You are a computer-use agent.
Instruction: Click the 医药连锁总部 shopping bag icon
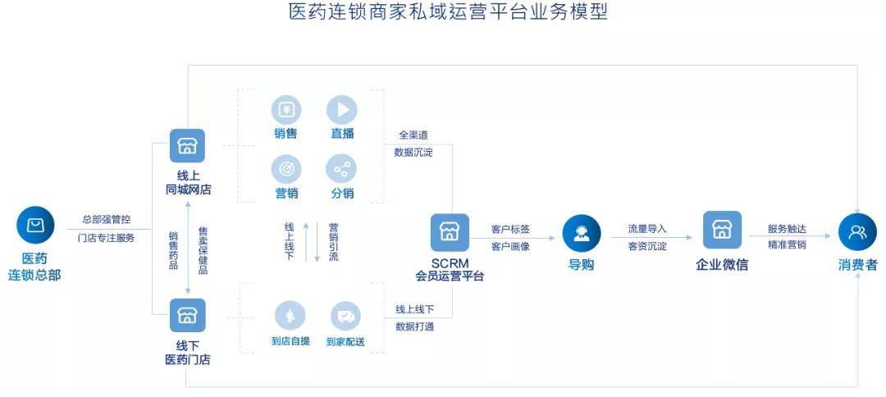point(35,225)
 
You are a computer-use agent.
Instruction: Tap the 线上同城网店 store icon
point(188,146)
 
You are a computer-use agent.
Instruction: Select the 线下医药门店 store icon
point(188,315)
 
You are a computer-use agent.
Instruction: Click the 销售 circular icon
point(286,110)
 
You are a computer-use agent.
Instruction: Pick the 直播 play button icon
point(342,110)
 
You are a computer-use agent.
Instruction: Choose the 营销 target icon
point(286,170)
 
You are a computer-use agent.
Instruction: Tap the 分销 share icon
point(341,170)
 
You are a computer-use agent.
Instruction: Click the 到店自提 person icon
point(290,315)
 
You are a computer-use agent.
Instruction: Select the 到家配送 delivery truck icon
point(345,317)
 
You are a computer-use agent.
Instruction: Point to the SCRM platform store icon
point(450,232)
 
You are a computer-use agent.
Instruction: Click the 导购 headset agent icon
point(582,233)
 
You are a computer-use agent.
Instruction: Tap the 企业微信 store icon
point(722,230)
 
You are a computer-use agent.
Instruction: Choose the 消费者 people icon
point(857,232)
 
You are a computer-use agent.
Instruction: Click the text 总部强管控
point(106,219)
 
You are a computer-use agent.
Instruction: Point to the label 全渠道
point(413,135)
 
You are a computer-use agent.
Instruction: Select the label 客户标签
point(510,230)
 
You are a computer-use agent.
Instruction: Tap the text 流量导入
point(647,229)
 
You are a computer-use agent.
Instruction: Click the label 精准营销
point(787,245)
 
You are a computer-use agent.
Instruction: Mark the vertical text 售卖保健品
point(203,250)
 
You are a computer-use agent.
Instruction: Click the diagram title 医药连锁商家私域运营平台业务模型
point(448,11)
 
